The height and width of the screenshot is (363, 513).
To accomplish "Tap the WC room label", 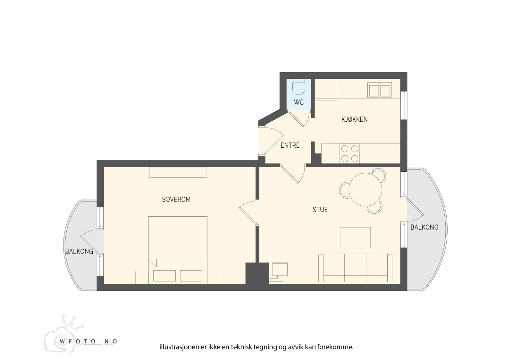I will tap(299, 103).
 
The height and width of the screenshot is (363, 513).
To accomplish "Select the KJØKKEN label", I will tap(354, 119).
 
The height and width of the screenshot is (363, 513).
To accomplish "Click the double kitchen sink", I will tap(380, 90).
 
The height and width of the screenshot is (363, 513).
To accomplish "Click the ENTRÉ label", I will tap(290, 145).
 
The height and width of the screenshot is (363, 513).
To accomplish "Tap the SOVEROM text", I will tap(176, 200).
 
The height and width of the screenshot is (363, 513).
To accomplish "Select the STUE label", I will tap(320, 210).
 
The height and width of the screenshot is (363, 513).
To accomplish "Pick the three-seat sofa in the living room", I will tap(355, 268).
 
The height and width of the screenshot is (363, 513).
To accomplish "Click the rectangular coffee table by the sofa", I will tap(355, 238).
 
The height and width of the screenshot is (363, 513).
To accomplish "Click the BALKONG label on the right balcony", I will tap(424, 228).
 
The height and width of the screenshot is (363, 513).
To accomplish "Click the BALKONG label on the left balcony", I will tap(79, 251).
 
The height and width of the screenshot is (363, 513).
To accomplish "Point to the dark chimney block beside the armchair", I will tap(257, 273).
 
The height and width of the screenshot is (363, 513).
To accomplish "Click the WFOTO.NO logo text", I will tap(87, 341).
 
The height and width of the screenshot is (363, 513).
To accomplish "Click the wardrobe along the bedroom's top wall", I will tap(178, 172).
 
